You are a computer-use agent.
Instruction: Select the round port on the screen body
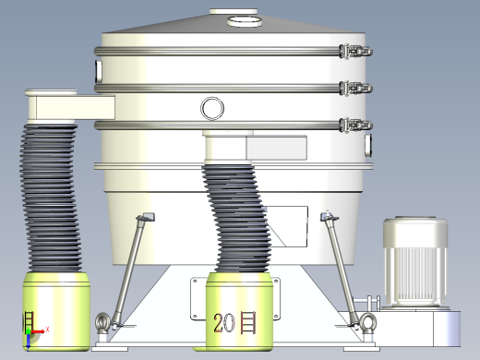point(212,109)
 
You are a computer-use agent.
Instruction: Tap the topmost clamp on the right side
point(356,54)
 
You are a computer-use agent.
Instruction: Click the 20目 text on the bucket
point(235,322)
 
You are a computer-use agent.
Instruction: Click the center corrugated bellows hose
point(235,217)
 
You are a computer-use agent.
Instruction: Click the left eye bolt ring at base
point(102,322)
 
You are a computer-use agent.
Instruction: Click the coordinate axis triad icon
point(32,328)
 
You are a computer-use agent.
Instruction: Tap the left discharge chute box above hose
point(55,107)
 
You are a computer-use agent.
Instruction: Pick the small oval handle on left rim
point(97,72)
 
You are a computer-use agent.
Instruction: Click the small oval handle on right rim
point(367,145)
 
